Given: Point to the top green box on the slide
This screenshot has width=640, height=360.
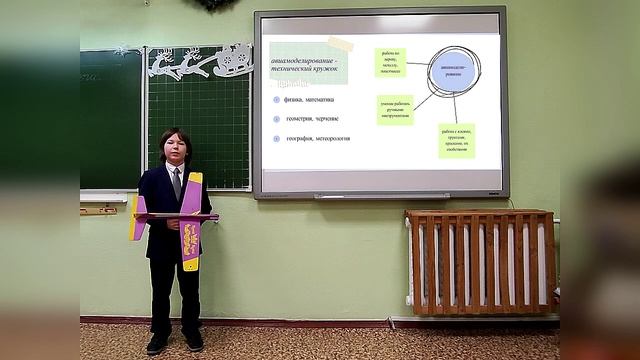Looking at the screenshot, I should click(x=390, y=63).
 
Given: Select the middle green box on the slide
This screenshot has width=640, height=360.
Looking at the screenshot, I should click(x=395, y=109).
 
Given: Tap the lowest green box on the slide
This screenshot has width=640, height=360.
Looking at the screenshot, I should click(x=456, y=141).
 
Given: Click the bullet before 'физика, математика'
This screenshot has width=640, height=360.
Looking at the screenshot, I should click(x=276, y=99).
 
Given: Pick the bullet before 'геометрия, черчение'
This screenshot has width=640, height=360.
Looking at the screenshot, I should click(x=276, y=118).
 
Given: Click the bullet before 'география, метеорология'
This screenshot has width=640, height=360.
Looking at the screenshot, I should click(x=276, y=138).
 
